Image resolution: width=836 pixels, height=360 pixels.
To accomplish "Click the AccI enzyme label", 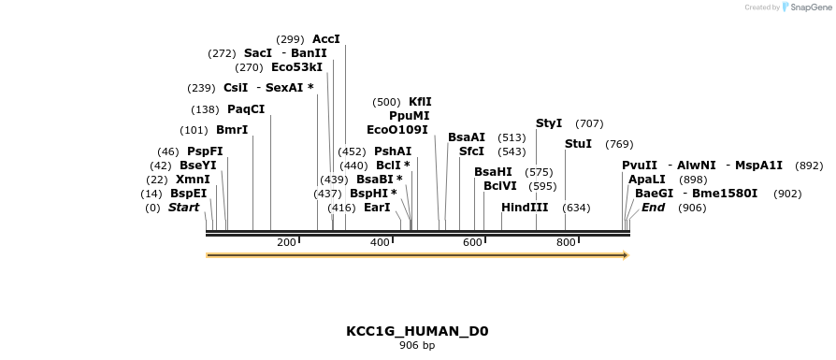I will click(326, 39).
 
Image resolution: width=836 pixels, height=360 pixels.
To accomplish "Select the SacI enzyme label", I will click(257, 53).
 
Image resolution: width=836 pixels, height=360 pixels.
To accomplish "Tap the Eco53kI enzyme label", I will click(296, 67).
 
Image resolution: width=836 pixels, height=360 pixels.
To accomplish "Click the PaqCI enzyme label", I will click(246, 109).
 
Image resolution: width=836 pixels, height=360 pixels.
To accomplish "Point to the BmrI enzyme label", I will click(232, 130).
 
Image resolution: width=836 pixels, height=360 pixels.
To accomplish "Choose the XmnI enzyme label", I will click(193, 179).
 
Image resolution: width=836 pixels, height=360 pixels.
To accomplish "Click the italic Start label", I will click(183, 208).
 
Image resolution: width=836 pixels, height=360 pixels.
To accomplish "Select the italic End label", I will click(653, 208).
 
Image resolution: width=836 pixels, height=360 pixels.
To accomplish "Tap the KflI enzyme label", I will click(420, 102).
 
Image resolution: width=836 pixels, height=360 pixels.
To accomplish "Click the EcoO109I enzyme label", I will click(396, 130).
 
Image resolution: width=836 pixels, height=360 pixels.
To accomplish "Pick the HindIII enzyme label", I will click(525, 208).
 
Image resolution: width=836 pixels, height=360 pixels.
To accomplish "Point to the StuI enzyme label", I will click(578, 144).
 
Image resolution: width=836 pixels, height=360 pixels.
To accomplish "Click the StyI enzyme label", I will click(549, 123).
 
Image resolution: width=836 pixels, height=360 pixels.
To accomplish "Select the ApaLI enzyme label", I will click(647, 179).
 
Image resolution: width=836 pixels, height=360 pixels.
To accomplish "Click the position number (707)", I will click(589, 123).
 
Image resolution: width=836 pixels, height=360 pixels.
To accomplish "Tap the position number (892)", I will click(809, 166).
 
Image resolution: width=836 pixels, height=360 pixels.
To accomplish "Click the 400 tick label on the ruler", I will click(380, 243).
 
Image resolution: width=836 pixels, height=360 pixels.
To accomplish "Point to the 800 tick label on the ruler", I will click(566, 243).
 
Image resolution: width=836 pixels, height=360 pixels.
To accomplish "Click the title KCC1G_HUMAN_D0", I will click(417, 331).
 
